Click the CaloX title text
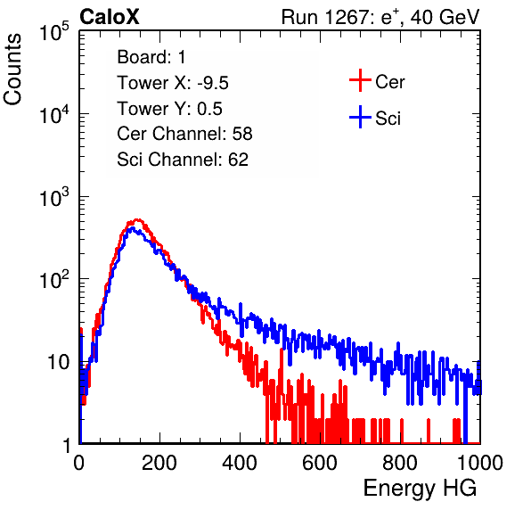click(x=109, y=17)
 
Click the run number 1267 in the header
click(x=346, y=17)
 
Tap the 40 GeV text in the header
click(x=445, y=17)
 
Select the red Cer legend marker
click(x=360, y=80)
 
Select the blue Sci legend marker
click(x=360, y=117)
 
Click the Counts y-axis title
click(x=12, y=69)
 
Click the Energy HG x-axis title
click(x=420, y=489)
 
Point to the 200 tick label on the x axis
click(x=159, y=463)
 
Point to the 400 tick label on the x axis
click(x=240, y=463)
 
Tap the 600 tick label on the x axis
click(x=320, y=463)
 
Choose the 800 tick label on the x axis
click(x=400, y=463)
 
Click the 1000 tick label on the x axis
click(x=480, y=463)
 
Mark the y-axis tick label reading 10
click(x=58, y=362)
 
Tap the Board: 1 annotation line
click(x=151, y=57)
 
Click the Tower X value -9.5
click(x=213, y=83)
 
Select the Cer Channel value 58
click(x=242, y=134)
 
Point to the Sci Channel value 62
click(x=238, y=160)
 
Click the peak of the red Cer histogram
click(x=136, y=220)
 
